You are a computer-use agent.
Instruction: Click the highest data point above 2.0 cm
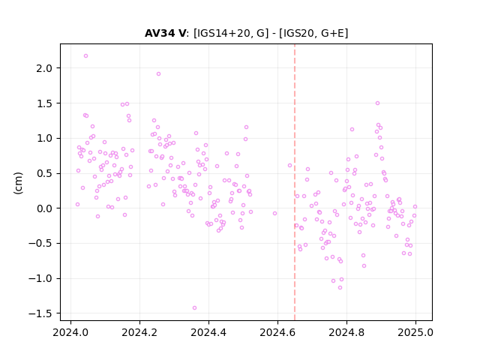[x=85, y=55]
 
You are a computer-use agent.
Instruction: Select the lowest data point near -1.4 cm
[x=194, y=307]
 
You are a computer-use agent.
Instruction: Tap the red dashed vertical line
[x=295, y=182]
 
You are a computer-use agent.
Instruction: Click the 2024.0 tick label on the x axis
[x=70, y=332]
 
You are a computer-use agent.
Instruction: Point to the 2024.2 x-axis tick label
[x=139, y=332]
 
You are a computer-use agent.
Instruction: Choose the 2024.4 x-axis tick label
[x=208, y=332]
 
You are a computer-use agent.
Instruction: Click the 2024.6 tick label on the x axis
[x=277, y=332]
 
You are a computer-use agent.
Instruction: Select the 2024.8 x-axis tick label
[x=346, y=332]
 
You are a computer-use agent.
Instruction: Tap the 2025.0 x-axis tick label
[x=415, y=332]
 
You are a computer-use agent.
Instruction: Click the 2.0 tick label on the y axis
[x=44, y=68]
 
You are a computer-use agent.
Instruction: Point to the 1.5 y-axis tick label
[x=44, y=103]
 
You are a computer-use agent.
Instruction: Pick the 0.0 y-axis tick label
[x=44, y=208]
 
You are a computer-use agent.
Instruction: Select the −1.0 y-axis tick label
[x=40, y=278]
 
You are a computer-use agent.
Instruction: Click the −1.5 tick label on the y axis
[x=40, y=313]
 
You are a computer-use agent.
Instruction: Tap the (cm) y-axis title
[x=18, y=183]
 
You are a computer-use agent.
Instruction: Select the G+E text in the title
[x=332, y=33]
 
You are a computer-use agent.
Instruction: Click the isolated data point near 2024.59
[x=274, y=213]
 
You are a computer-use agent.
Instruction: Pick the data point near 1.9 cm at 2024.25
[x=158, y=73]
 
